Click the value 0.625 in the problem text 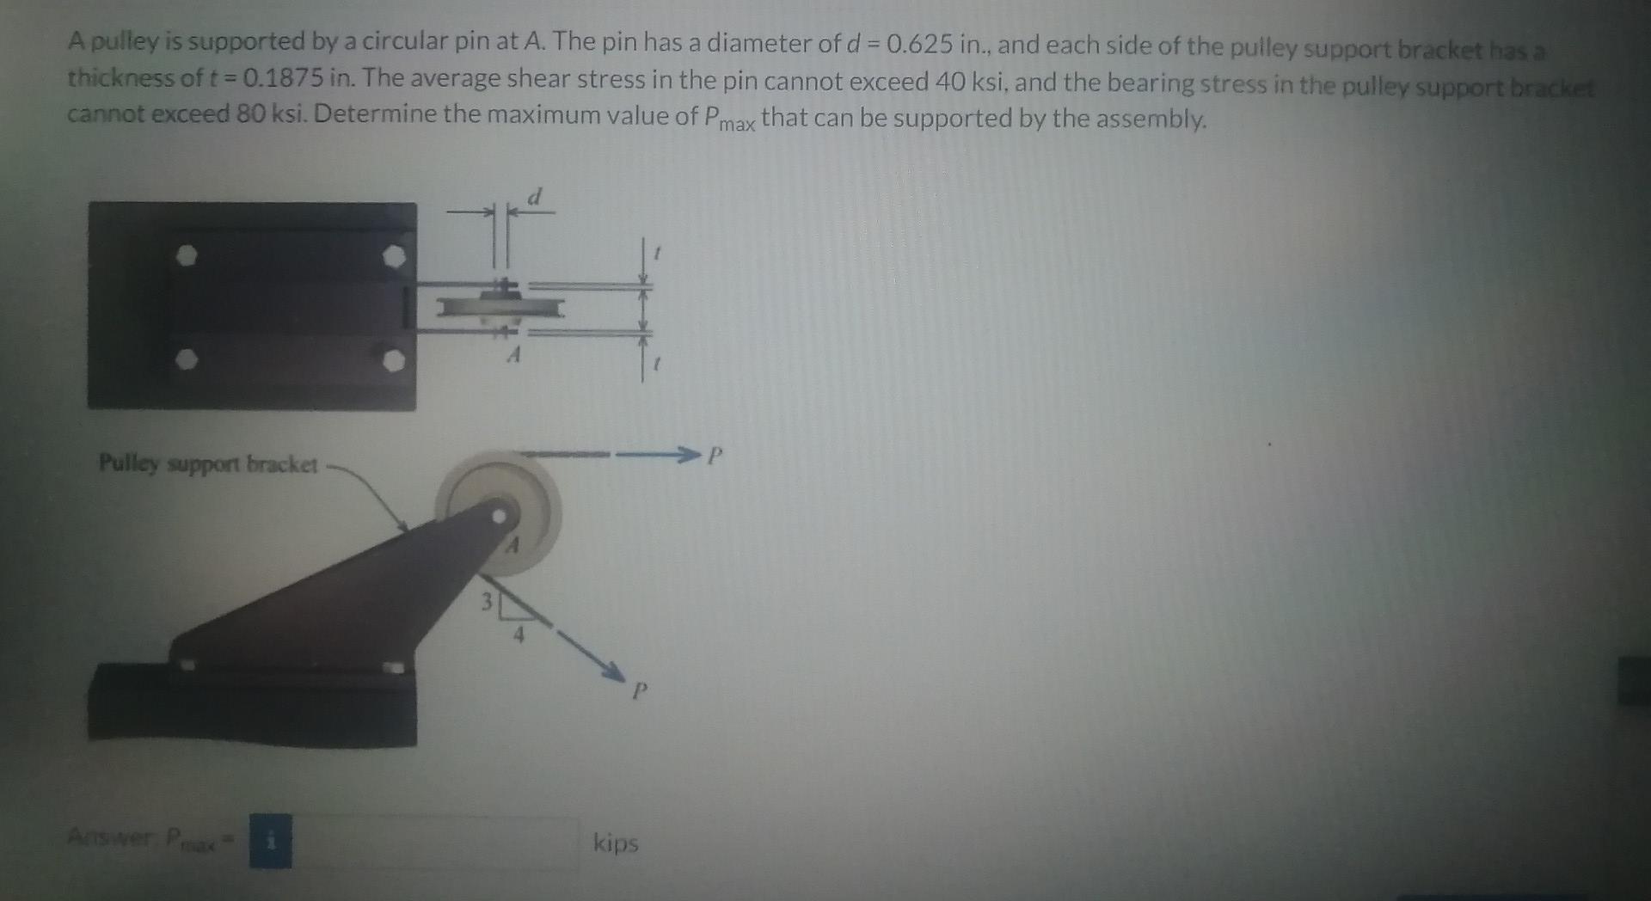(919, 44)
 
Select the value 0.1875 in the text (284, 79)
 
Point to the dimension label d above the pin (535, 198)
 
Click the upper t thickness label (657, 254)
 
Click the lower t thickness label (657, 365)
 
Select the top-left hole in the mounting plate (187, 255)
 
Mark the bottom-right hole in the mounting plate (394, 360)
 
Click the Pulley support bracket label (208, 464)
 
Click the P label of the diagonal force (638, 690)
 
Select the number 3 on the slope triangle (487, 603)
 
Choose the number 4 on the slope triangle (519, 636)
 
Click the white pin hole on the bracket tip (500, 517)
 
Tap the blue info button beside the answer (270, 842)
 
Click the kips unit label (616, 843)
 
